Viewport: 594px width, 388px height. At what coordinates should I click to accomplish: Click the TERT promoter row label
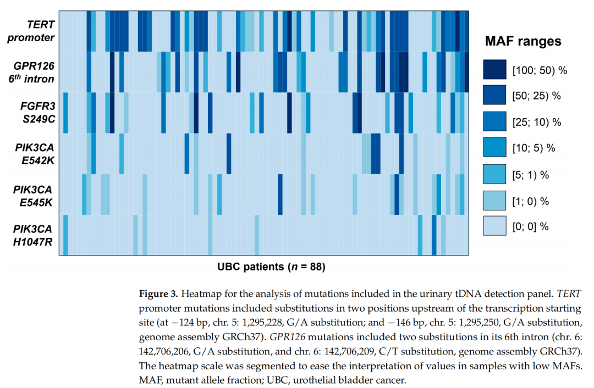pos(34,31)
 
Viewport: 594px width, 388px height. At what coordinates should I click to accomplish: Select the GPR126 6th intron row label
pos(34,72)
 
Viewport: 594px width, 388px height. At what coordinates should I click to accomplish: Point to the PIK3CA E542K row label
pos(34,154)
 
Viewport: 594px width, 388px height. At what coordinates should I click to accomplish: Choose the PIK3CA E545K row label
pos(34,195)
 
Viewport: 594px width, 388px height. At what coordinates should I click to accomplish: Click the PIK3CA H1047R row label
pos(34,236)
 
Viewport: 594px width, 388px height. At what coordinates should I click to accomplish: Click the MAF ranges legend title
pos(523,41)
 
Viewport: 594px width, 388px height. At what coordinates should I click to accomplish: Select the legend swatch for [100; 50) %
pos(494,70)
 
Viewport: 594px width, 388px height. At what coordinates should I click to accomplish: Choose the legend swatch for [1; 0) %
pos(494,201)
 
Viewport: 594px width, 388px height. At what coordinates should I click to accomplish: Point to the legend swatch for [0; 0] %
pos(494,226)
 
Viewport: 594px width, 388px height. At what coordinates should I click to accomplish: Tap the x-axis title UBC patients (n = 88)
pos(271,268)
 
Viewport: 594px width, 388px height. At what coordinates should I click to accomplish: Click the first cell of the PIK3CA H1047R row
pos(61,236)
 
